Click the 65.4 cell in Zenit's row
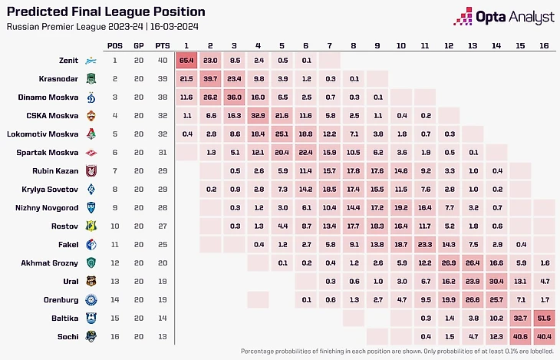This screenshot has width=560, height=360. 186,60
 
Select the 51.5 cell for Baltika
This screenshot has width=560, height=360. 543,318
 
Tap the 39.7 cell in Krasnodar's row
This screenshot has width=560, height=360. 210,78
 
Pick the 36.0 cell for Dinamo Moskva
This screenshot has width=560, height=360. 234,97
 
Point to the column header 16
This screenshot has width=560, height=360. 543,45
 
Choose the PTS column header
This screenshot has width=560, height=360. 162,45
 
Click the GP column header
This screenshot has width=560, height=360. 137,45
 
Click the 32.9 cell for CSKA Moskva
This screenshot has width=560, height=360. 258,116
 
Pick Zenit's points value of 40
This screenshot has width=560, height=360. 162,60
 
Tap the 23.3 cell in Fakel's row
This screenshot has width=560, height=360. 424,244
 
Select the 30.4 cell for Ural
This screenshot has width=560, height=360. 496,281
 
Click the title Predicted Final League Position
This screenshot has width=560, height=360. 106,12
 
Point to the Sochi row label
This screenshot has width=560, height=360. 68,336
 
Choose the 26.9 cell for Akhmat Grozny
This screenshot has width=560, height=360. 448,263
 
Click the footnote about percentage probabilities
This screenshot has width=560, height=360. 397,352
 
